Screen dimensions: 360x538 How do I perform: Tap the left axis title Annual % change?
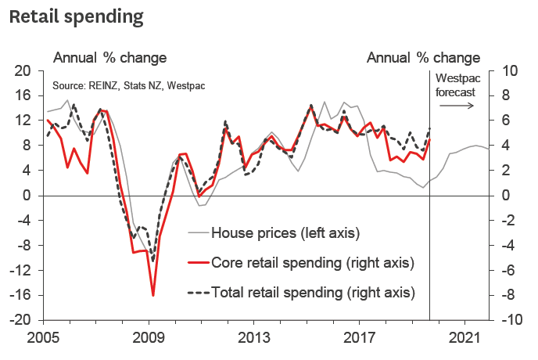(x=109, y=58)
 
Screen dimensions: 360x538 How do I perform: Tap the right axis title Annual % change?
(x=423, y=58)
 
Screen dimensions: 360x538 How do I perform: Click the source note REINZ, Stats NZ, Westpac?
(x=128, y=85)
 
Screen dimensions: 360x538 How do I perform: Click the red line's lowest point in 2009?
(x=152, y=295)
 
